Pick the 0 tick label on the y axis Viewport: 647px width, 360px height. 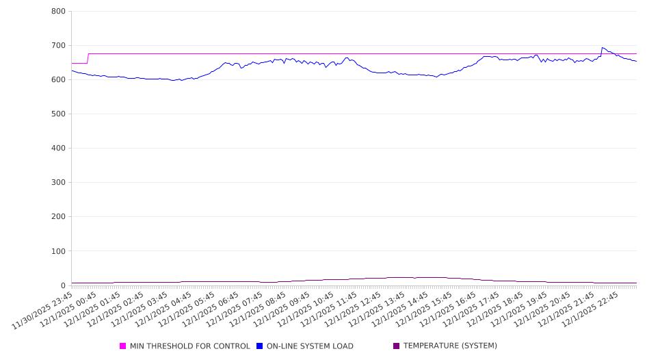click(x=62, y=285)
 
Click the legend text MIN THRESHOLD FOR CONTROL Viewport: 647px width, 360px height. click(x=189, y=346)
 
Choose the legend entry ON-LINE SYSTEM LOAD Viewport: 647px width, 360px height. click(x=310, y=346)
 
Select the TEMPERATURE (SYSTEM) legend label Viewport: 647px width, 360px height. click(x=450, y=346)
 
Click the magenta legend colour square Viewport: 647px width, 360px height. click(x=123, y=346)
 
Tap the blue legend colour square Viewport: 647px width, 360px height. click(x=260, y=346)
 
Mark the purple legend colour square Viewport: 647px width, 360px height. click(x=396, y=346)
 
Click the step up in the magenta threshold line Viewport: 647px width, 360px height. click(x=88, y=58)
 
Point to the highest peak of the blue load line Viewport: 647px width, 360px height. click(x=603, y=47)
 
